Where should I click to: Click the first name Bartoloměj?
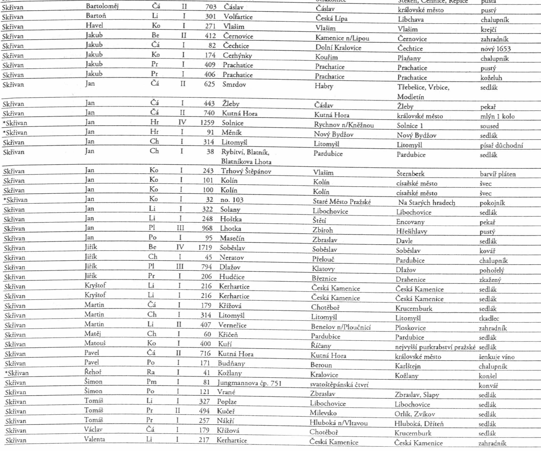[102, 6]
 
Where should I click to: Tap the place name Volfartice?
[238, 17]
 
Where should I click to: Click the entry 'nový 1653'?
[495, 49]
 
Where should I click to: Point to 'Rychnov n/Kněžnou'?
[344, 125]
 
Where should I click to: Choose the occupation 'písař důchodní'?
[501, 145]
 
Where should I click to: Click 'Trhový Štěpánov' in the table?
[246, 171]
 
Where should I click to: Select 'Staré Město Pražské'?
[342, 201]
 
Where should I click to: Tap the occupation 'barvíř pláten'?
[497, 174]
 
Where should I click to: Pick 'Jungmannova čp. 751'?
[249, 383]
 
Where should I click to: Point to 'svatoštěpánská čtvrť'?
[339, 385]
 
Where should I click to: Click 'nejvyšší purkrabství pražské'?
[435, 347]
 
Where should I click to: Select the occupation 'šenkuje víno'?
[496, 357]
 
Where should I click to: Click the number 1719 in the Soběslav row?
[205, 247]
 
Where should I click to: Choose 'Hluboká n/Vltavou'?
[338, 423]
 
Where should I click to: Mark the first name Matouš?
[95, 343]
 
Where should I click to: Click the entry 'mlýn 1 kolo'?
[497, 116]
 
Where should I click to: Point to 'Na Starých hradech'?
[426, 203]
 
